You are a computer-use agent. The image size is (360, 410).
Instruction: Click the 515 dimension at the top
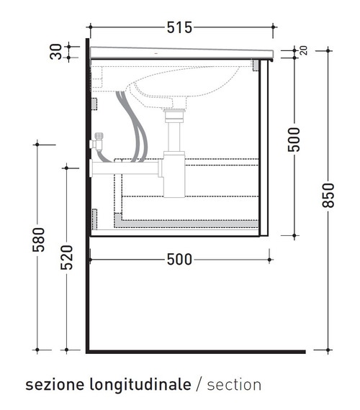click(179, 28)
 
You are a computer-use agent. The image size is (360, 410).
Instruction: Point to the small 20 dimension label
click(303, 51)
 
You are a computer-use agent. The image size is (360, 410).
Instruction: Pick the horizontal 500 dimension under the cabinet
click(179, 260)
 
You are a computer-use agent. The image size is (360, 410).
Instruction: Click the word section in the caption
click(234, 385)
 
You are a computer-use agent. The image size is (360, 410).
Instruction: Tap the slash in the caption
click(199, 385)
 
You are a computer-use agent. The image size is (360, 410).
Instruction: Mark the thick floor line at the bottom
click(194, 352)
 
